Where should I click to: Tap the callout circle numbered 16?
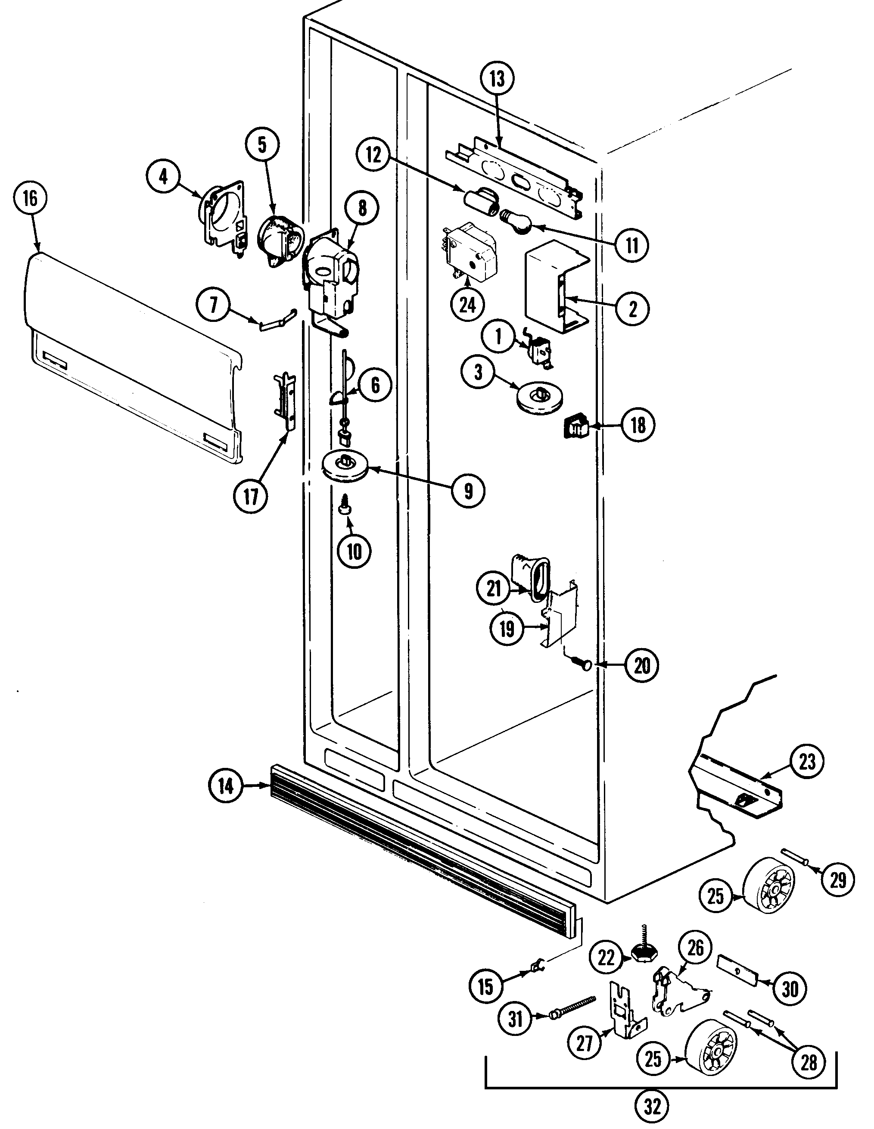tap(31, 198)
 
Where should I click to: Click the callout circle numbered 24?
tap(467, 305)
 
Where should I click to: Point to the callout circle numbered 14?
tap(225, 786)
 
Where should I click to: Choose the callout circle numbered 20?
tap(641, 665)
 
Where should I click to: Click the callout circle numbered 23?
tap(807, 761)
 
